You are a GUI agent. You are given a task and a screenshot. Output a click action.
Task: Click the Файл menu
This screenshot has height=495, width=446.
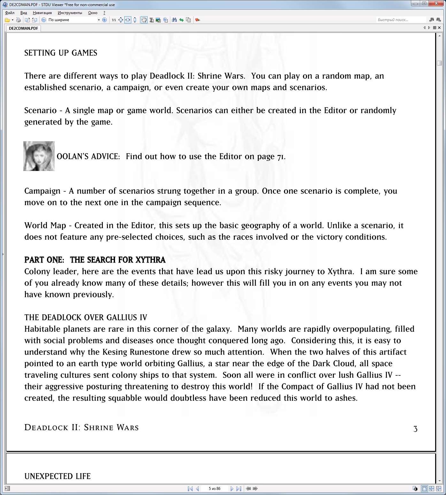[10, 13]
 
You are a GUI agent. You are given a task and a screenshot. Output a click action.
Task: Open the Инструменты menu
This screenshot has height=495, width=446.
[70, 13]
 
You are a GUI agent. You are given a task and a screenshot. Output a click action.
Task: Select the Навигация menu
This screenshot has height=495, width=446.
[42, 13]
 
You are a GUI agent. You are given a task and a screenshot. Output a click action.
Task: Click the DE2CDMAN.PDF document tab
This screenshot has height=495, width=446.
[23, 28]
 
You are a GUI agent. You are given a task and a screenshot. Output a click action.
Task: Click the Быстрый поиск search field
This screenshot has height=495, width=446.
[401, 20]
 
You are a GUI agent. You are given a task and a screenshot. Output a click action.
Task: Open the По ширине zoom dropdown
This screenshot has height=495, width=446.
[99, 20]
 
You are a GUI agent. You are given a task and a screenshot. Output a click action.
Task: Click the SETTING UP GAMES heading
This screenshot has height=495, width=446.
[61, 53]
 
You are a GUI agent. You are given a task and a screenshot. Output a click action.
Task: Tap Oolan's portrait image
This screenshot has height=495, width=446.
[39, 156]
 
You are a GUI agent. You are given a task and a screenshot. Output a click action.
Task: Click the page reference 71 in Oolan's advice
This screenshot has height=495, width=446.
[280, 157]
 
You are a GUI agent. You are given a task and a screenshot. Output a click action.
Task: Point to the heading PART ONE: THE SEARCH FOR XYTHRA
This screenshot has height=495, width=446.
[95, 260]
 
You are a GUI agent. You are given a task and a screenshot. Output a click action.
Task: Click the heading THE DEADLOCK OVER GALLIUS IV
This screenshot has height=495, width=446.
[86, 317]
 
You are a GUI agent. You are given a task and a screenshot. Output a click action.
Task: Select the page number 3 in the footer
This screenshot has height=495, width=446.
[415, 429]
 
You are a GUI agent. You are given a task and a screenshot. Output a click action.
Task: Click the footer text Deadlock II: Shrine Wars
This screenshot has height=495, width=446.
[81, 428]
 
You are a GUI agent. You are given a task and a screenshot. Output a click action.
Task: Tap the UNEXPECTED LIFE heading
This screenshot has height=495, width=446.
[58, 476]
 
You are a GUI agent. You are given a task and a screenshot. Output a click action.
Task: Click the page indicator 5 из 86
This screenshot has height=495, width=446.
[214, 488]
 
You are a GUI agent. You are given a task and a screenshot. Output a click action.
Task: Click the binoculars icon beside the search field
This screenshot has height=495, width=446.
[432, 20]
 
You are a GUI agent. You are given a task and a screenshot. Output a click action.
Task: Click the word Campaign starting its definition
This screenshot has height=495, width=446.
[42, 191]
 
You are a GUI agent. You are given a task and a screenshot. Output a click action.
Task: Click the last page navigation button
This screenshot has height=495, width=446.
[238, 488]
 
